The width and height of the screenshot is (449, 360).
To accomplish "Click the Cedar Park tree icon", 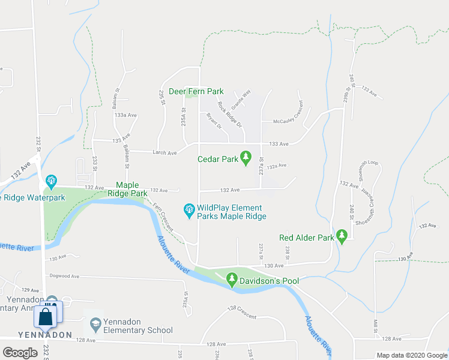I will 245,157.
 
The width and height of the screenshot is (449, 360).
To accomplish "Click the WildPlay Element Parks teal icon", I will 188,209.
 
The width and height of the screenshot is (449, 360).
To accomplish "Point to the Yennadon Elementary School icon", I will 95,325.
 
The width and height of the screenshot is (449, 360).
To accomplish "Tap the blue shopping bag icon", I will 46,316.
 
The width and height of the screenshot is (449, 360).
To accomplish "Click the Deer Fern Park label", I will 196,91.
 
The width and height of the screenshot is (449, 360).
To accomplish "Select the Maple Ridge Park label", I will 127,190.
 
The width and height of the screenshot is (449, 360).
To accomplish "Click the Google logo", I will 20,353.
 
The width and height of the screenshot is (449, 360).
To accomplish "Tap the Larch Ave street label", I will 164,153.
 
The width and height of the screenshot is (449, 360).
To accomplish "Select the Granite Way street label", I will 242,98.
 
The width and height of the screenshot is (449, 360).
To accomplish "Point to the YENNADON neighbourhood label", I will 35,334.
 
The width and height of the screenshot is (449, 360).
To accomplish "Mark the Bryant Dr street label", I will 214,122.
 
